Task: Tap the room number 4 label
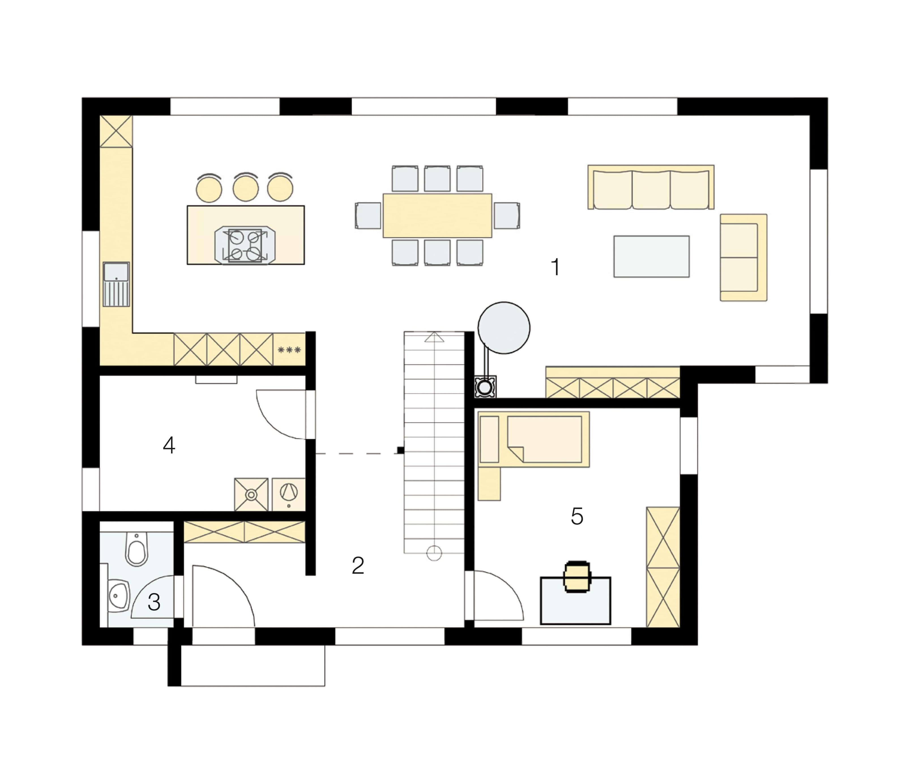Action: tap(169, 445)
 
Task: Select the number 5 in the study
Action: tap(577, 516)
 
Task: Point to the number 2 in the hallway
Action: tap(358, 565)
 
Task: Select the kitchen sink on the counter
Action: tap(116, 284)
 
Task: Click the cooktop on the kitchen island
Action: tap(245, 245)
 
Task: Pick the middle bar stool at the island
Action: tap(245, 187)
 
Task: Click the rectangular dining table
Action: tap(437, 215)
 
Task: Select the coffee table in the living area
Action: tap(651, 256)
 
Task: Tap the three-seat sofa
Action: tap(651, 187)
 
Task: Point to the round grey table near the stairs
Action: tap(504, 328)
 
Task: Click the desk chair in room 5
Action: tap(577, 576)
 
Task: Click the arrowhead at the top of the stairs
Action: tap(434, 337)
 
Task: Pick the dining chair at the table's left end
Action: tap(368, 215)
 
